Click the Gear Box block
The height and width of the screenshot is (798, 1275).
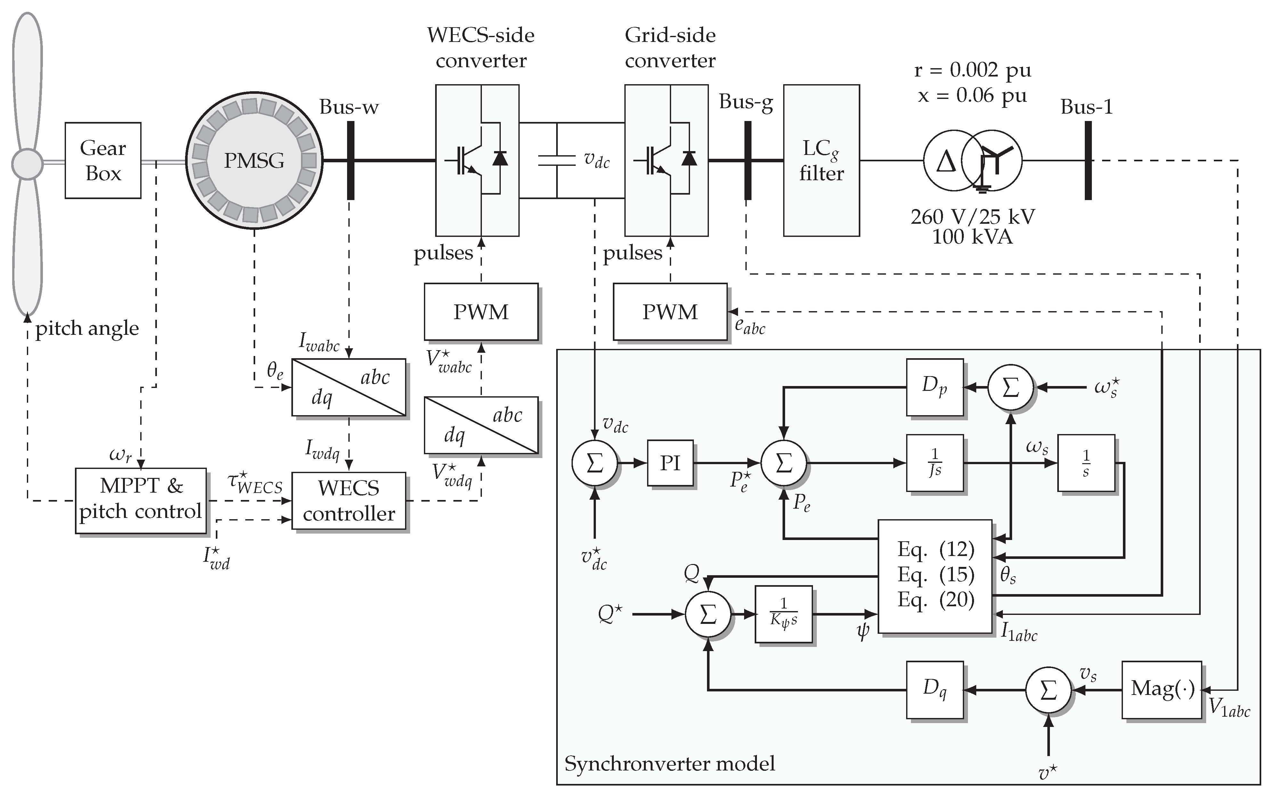(103, 160)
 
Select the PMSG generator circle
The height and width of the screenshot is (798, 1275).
(254, 160)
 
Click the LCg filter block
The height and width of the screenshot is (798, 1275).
(821, 160)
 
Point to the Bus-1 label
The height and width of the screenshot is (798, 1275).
(1086, 108)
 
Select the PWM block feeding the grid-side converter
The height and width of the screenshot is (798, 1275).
(670, 312)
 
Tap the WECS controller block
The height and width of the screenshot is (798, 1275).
(348, 500)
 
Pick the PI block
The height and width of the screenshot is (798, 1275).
(670, 463)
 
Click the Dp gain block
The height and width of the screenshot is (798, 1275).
(934, 387)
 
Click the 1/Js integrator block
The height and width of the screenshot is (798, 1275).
(934, 463)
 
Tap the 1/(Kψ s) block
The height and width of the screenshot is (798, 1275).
(784, 614)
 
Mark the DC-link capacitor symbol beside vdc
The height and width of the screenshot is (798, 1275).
(556, 160)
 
